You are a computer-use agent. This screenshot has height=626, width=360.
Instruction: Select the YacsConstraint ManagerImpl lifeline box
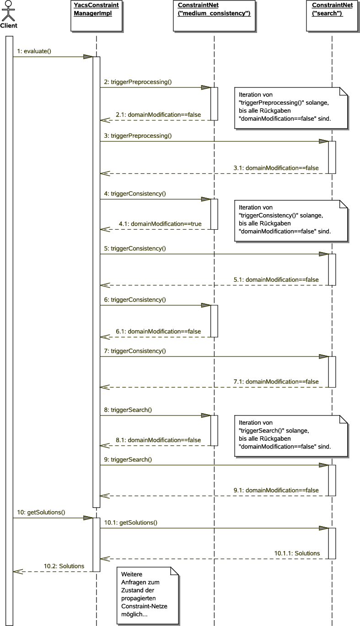[x=96, y=16]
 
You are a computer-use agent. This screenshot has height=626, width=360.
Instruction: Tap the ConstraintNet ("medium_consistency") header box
[x=214, y=16]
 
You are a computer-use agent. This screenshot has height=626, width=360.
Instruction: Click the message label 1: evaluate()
[x=34, y=51]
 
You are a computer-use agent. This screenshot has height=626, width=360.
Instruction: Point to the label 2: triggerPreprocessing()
[x=138, y=82]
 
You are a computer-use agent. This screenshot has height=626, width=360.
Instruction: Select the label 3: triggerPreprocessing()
[x=138, y=136]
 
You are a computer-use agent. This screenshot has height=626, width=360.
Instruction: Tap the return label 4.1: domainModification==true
[x=160, y=224]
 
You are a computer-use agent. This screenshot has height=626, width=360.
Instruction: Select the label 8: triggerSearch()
[x=128, y=410]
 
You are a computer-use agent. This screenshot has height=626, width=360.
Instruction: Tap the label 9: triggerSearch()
[x=128, y=459]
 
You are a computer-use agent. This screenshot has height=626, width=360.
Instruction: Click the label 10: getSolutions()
[x=40, y=513]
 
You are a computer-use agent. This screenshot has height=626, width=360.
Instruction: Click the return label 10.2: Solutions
[x=64, y=566]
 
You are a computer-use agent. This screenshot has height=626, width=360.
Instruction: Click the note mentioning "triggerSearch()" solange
[x=291, y=436]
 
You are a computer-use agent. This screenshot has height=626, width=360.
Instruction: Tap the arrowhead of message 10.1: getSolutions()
[x=323, y=528]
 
